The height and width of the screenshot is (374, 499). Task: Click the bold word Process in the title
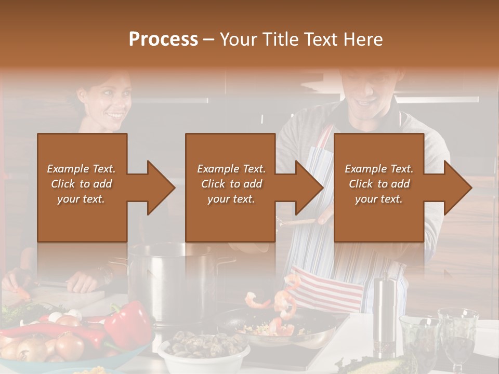[x=163, y=39]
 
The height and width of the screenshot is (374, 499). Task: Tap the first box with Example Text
[x=82, y=187]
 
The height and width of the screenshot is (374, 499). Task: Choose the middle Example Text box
[x=230, y=187]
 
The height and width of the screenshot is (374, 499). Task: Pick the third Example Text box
[x=378, y=187]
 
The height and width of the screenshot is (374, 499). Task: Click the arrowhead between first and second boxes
[x=159, y=188]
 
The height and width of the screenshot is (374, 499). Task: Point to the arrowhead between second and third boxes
[x=307, y=188]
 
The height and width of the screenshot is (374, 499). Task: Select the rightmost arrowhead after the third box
[x=456, y=188]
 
